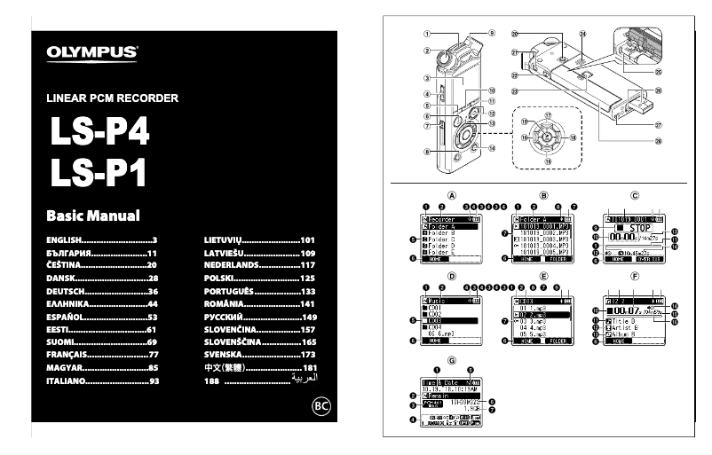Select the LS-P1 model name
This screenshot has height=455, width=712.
(99, 172)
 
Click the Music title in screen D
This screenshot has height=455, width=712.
(445, 302)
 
